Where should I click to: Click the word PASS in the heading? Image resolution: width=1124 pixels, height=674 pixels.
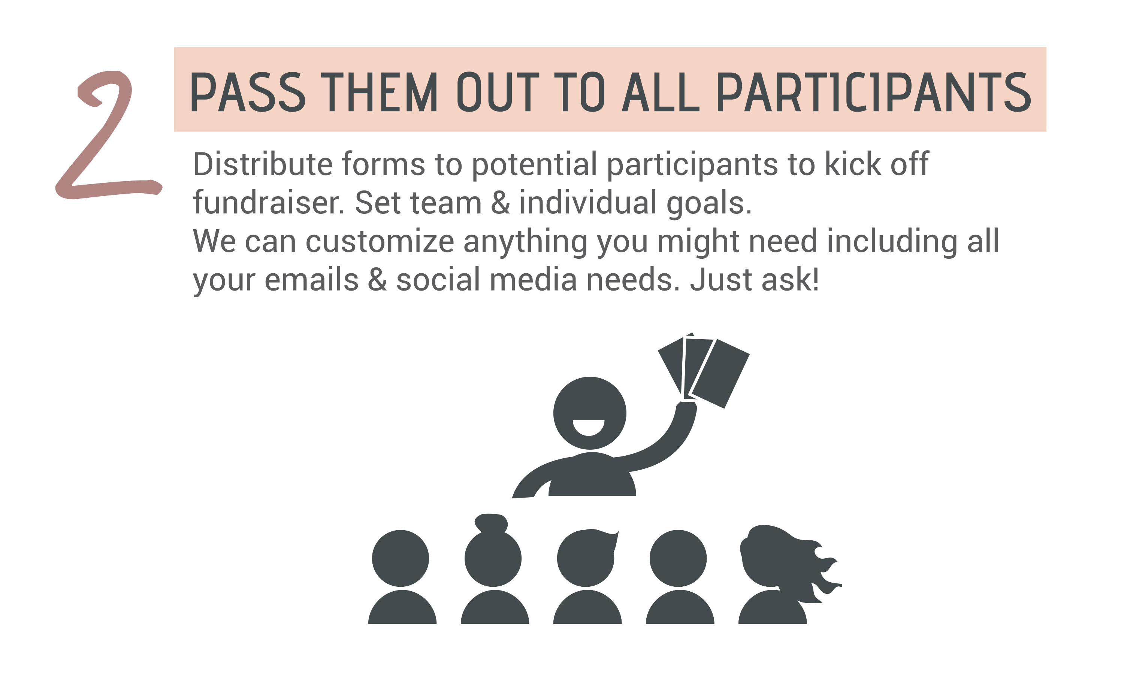click(x=248, y=92)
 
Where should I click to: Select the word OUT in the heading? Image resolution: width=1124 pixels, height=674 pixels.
click(x=498, y=92)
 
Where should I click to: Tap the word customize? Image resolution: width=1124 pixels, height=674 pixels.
click(x=380, y=241)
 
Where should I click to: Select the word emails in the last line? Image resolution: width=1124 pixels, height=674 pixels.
click(x=312, y=280)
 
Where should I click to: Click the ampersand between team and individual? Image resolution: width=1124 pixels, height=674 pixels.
click(x=500, y=203)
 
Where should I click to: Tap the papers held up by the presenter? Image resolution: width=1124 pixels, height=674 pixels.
click(x=703, y=370)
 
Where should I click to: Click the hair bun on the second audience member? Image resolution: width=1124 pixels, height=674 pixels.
click(x=491, y=523)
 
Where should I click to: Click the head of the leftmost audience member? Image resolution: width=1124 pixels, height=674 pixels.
click(x=400, y=558)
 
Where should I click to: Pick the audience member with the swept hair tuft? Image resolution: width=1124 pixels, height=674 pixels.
click(x=587, y=577)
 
